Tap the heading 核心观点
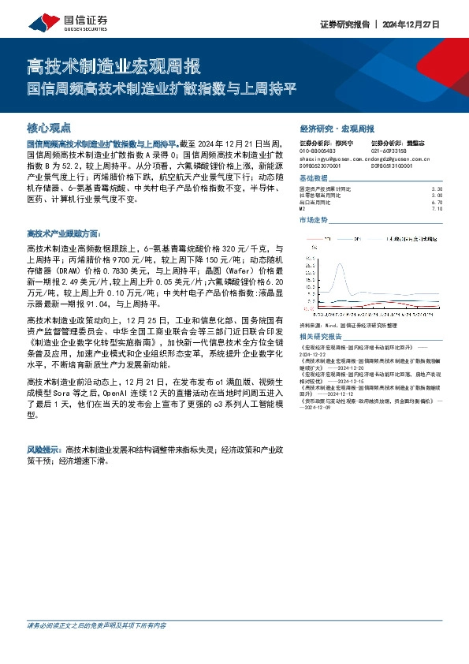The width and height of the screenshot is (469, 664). (49, 127)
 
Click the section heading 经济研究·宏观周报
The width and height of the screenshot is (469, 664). (337, 128)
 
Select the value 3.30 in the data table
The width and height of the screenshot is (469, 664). (437, 189)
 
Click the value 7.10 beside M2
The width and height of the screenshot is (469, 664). (437, 208)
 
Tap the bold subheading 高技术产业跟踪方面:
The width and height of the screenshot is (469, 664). (63, 234)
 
